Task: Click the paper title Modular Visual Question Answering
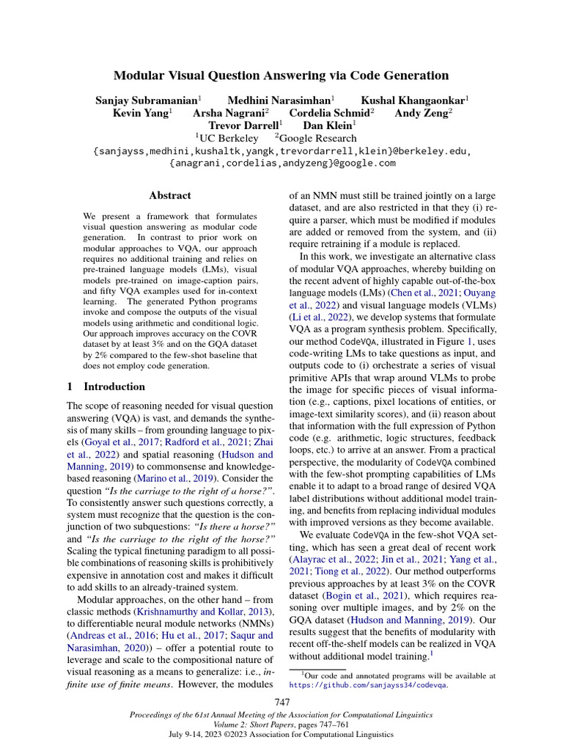pos(281,76)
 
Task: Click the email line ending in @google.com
pos(281,164)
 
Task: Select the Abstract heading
pos(170,196)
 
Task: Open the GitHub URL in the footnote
pos(368,685)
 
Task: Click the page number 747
pos(281,702)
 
